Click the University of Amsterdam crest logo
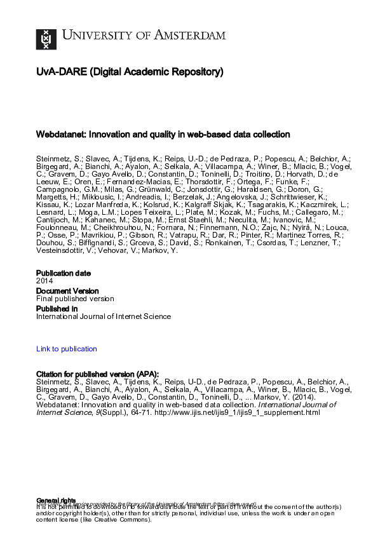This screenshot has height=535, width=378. point(46,39)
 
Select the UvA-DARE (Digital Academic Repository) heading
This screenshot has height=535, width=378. point(130,72)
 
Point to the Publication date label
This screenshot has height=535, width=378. point(63,273)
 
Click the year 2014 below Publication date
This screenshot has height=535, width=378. point(44,281)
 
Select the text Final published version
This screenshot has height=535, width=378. point(75,299)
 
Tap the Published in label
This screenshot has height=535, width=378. point(57,309)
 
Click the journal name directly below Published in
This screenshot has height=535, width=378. point(104,316)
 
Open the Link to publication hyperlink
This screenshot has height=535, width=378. point(67,349)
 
